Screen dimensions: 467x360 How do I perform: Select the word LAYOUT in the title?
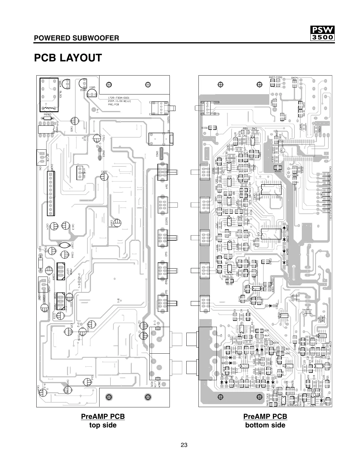(x=81, y=58)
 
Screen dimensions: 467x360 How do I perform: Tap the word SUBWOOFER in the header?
(x=98, y=38)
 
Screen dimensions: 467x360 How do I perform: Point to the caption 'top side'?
(x=103, y=425)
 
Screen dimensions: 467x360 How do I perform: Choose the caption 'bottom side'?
(x=265, y=425)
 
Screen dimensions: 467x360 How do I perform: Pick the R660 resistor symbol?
(x=47, y=118)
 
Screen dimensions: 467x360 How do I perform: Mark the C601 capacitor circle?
(x=74, y=121)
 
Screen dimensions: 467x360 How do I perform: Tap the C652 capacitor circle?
(x=104, y=176)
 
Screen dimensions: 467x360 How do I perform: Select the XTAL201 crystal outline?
(x=79, y=173)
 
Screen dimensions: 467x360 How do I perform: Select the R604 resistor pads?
(x=294, y=84)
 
